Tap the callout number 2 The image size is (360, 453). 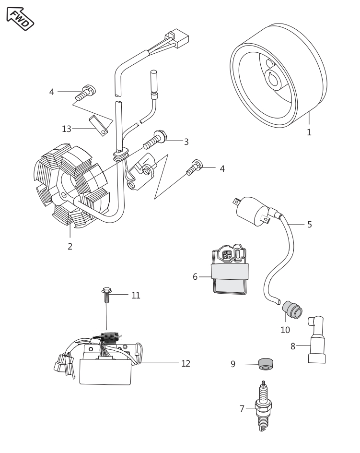[70, 247]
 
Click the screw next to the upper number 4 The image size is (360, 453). [87, 92]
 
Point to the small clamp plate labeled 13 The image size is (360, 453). [100, 123]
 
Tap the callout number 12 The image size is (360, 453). [186, 363]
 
